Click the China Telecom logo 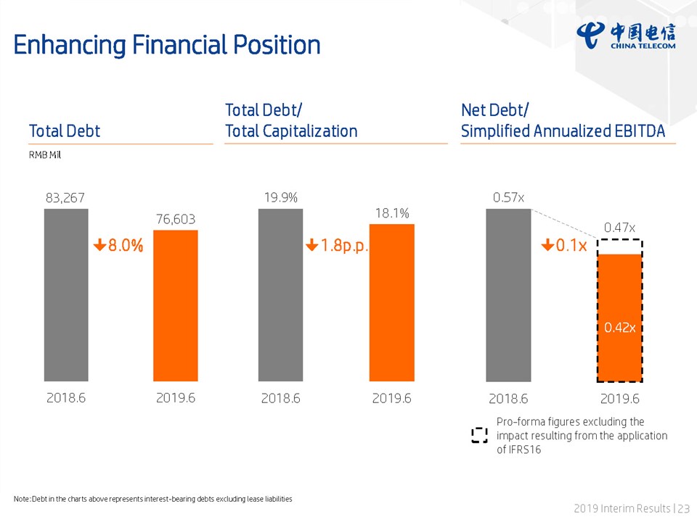pos(626,36)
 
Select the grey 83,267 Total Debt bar pos(66,295)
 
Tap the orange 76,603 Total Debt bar pos(175,305)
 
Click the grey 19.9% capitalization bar pos(280,295)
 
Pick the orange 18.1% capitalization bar pos(392,302)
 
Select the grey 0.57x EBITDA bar pos(508,295)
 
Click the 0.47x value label pos(620,228)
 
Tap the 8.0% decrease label pos(118,246)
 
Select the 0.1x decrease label pos(564,246)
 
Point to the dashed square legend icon pos(479,435)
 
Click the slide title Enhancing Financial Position pos(167,45)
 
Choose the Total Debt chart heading pos(65,131)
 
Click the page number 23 pos(684,509)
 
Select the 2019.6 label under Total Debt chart pos(176,398)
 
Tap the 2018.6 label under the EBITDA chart pos(508,399)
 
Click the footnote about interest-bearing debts pos(152,499)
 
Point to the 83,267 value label pos(65,197)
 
